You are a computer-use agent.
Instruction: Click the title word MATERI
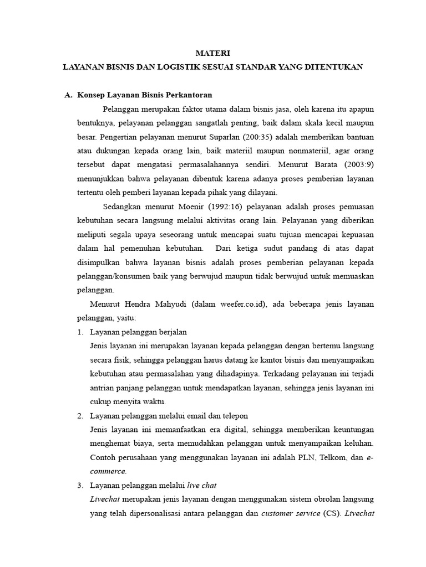212,53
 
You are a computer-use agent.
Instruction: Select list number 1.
80,332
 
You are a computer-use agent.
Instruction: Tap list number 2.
80,415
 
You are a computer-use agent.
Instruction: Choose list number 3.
80,485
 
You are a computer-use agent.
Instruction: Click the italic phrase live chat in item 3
202,485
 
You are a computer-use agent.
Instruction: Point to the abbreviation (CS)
329,513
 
